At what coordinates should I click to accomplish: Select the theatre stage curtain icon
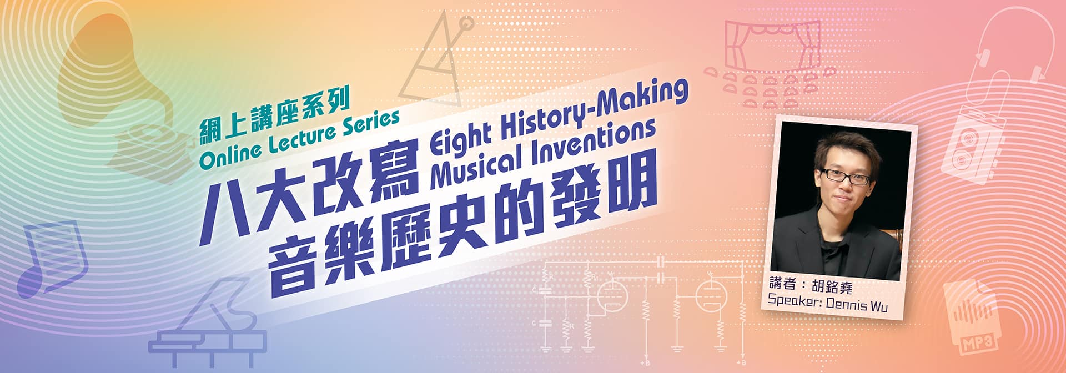[x=772, y=44]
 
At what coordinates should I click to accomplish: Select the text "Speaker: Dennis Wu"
[x=827, y=303]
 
